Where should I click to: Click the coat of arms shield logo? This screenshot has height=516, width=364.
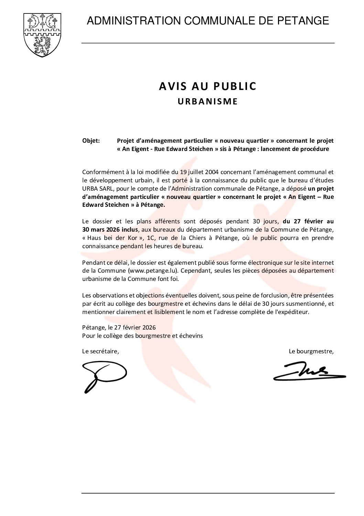[x=42, y=35]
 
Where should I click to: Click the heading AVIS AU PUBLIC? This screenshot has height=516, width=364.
[x=208, y=87]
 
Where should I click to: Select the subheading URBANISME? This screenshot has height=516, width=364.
[x=208, y=102]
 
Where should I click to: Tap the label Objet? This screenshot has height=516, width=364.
[x=91, y=141]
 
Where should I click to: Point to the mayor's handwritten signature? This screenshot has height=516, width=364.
[x=309, y=372]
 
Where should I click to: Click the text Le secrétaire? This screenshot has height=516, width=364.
[x=100, y=352]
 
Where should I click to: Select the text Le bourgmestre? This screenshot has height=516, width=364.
[x=311, y=352]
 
